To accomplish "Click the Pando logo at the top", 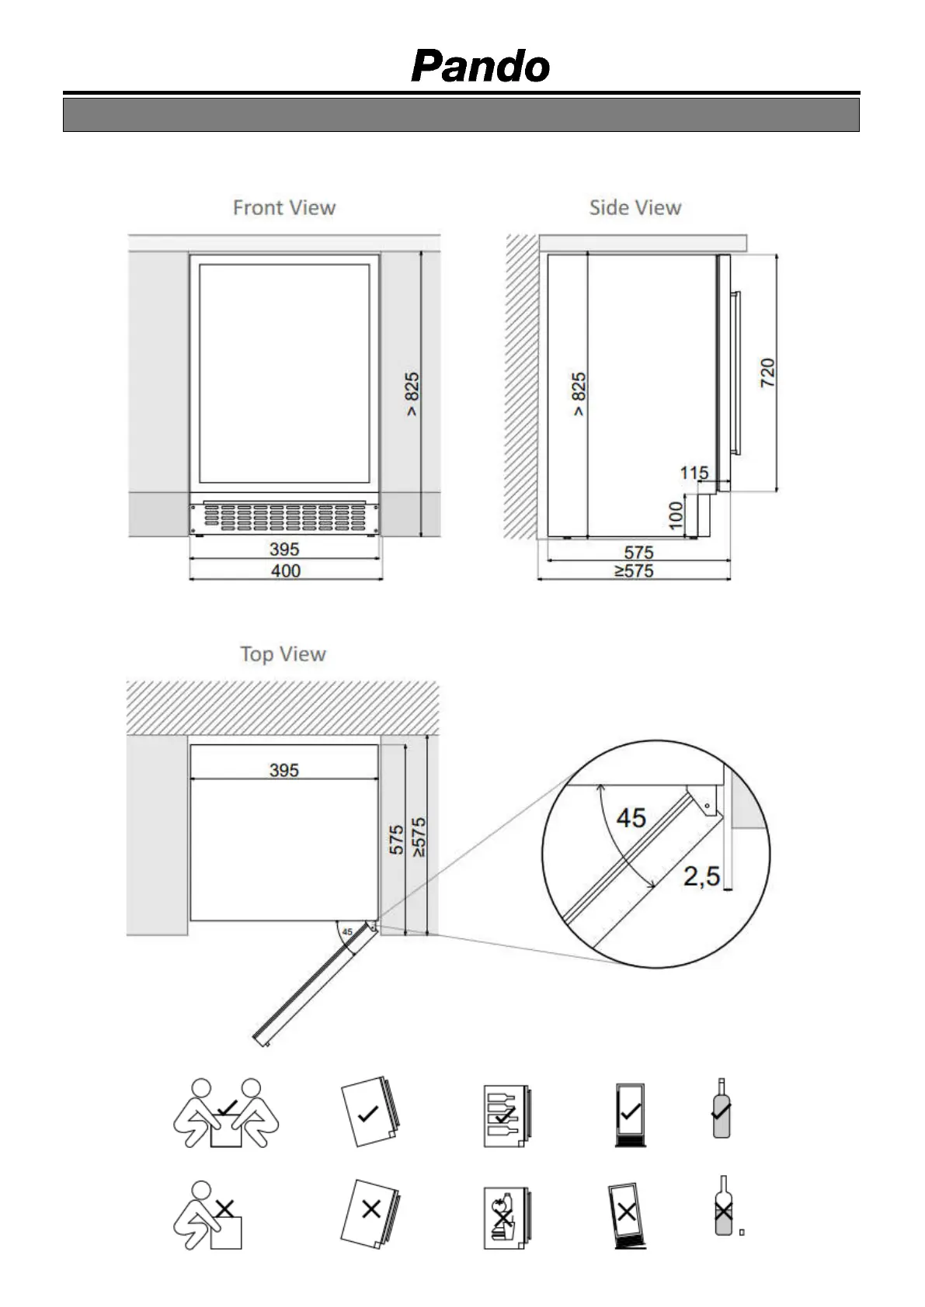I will click(480, 67).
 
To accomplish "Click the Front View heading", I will click(284, 208).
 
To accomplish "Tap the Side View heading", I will click(635, 208).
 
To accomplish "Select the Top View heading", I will click(283, 654).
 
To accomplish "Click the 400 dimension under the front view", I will click(285, 571).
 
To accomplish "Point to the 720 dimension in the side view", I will click(767, 373).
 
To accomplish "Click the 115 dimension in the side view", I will click(694, 473).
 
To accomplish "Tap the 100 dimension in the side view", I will click(676, 515).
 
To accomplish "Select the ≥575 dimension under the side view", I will click(635, 571).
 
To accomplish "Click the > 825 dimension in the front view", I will click(412, 393).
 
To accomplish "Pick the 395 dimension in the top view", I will click(283, 770).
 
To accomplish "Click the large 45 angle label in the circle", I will click(631, 817).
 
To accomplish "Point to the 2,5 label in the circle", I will click(701, 876).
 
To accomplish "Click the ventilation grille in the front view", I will click(285, 516).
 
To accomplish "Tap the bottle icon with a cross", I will click(724, 1206).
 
